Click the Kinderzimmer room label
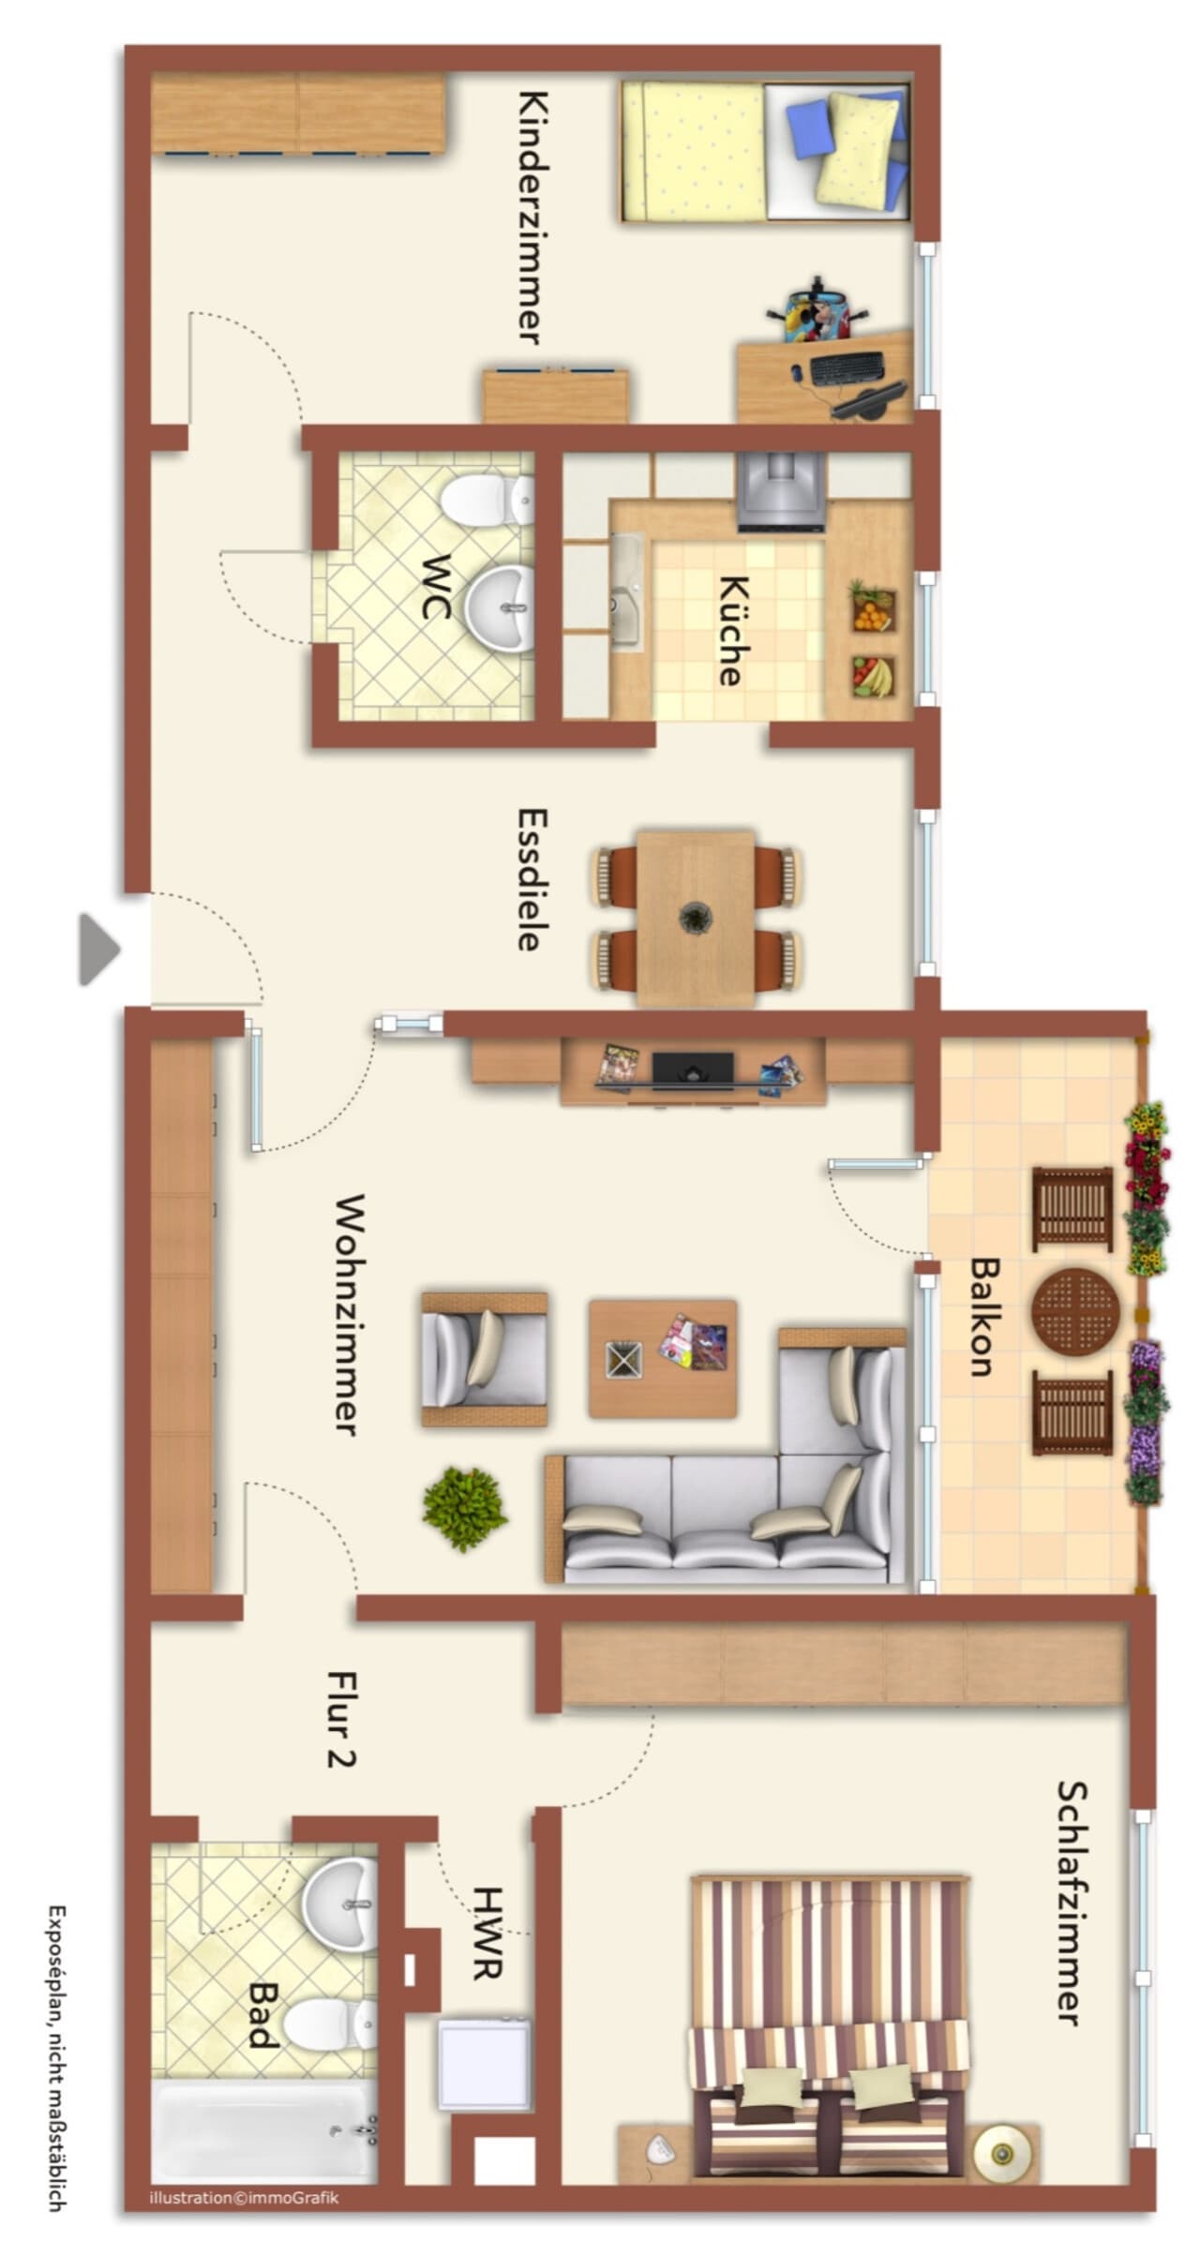pyautogui.click(x=532, y=217)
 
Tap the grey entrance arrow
pyautogui.click(x=99, y=949)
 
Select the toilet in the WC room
pyautogui.click(x=487, y=501)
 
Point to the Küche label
pyautogui.click(x=733, y=630)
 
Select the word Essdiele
pyautogui.click(x=532, y=879)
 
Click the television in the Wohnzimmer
pyautogui.click(x=693, y=1069)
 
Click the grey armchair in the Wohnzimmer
pyautogui.click(x=484, y=1359)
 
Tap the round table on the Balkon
pyautogui.click(x=1075, y=1311)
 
